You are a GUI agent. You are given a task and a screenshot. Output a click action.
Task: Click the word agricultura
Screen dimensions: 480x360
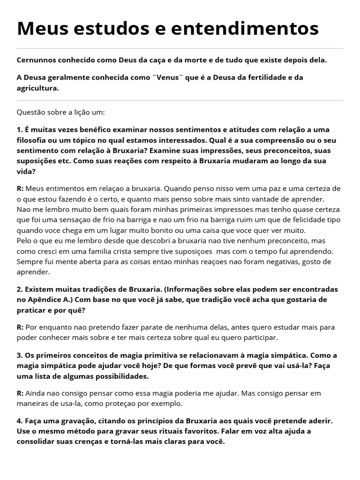tap(38, 88)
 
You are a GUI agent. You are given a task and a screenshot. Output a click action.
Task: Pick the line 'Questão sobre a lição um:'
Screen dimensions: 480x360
tap(61, 113)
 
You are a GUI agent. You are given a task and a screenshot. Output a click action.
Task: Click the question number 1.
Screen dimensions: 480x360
tap(20, 130)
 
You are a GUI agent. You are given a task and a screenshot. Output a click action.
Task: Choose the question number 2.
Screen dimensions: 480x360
tap(20, 289)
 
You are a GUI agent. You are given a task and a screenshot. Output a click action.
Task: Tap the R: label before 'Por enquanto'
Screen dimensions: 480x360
tap(20, 327)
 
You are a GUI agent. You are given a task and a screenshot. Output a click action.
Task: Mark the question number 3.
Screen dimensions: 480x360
tap(20, 355)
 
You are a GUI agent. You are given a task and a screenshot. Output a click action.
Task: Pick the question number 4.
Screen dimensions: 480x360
tap(20, 421)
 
